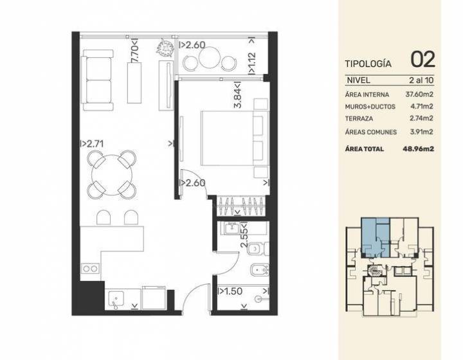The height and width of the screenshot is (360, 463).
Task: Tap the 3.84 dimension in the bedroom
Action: click(x=238, y=94)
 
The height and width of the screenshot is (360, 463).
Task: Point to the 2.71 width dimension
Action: click(x=92, y=144)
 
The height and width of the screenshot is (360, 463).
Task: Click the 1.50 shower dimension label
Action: click(x=230, y=291)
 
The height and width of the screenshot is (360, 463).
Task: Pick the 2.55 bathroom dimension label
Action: click(x=244, y=235)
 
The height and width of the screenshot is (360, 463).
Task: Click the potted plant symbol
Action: click(x=164, y=47)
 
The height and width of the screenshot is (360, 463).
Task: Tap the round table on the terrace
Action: click(x=210, y=57)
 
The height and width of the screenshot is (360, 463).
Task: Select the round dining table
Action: click(x=112, y=174)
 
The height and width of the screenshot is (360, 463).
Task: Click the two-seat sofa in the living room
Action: click(x=97, y=80)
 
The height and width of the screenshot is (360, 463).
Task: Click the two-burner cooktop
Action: click(x=90, y=269)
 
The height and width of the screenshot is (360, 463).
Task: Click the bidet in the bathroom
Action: click(x=260, y=269)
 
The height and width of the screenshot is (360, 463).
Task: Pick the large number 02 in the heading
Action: click(x=423, y=59)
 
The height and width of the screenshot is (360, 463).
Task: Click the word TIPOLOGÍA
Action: click(x=368, y=64)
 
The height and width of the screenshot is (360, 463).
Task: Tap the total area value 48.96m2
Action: click(x=419, y=148)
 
